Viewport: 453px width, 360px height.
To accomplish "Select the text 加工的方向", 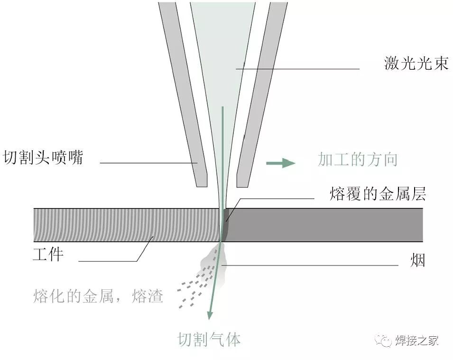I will coord(357,160).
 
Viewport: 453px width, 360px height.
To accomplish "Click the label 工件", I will coord(48,255).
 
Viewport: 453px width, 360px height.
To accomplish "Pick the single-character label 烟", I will coord(418,260).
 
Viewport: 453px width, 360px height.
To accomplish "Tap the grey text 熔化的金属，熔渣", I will coord(99,296).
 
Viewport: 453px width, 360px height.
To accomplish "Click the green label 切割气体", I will coord(209,340).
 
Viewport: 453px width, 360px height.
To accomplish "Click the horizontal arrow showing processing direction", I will coord(280,163).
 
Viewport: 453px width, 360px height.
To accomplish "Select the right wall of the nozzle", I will coord(261,95).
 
